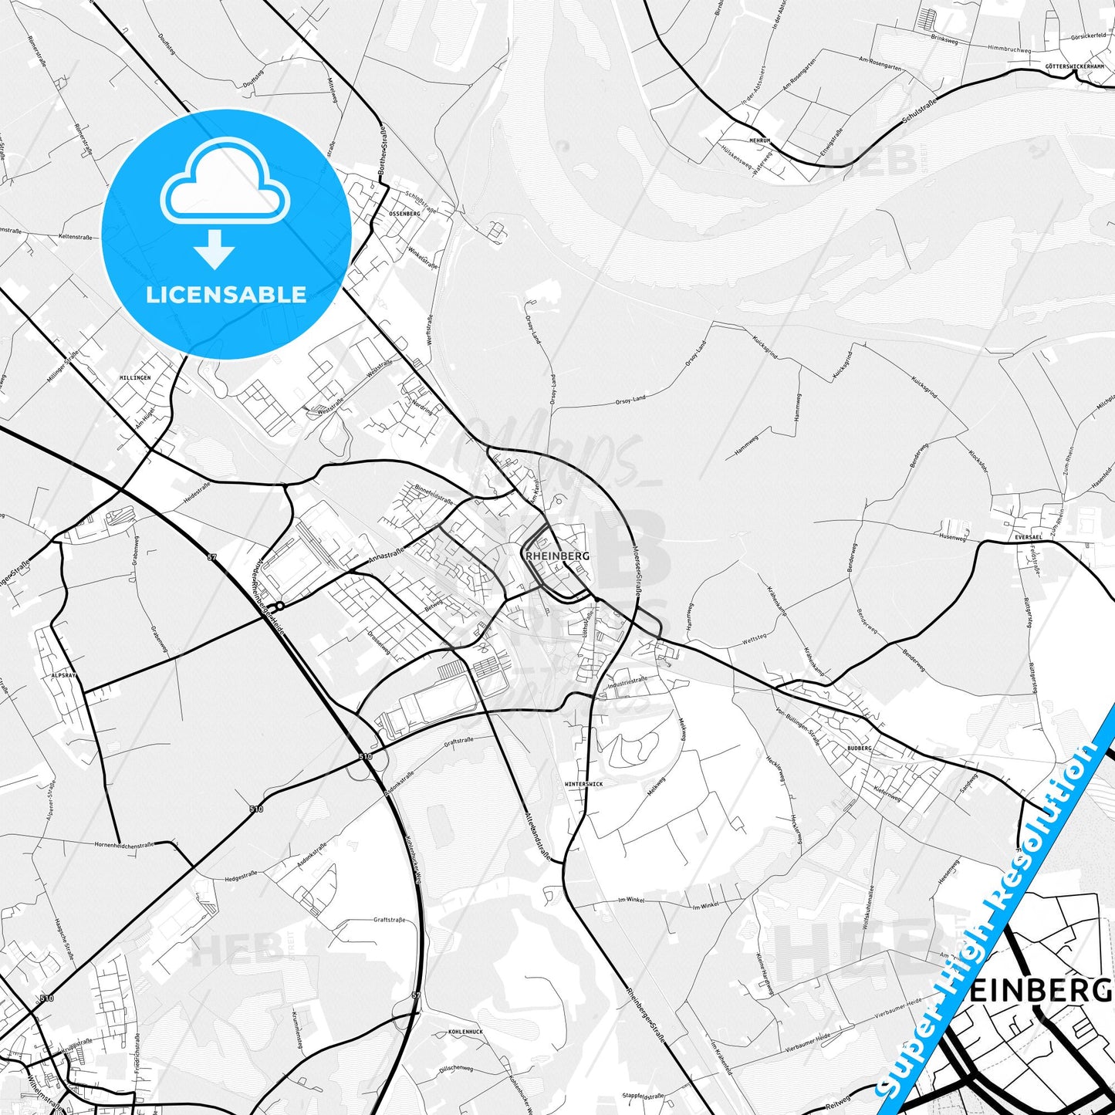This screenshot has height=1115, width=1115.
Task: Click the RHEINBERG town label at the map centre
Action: pos(557,556)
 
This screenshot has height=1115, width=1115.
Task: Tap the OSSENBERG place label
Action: pos(404,214)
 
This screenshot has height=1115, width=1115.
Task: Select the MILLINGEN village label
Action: pos(135,378)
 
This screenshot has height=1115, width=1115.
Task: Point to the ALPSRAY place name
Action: pos(64,675)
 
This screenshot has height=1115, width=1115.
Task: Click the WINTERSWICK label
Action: pos(584,784)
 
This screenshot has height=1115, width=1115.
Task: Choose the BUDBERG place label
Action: pos(859,748)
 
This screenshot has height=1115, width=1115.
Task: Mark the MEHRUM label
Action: pos(760,141)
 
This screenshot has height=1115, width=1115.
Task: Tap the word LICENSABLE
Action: pos(226,294)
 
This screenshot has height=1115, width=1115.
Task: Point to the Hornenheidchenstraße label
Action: pos(123,845)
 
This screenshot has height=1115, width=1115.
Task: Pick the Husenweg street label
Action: pos(953,536)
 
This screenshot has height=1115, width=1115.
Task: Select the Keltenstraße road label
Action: pos(76,237)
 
